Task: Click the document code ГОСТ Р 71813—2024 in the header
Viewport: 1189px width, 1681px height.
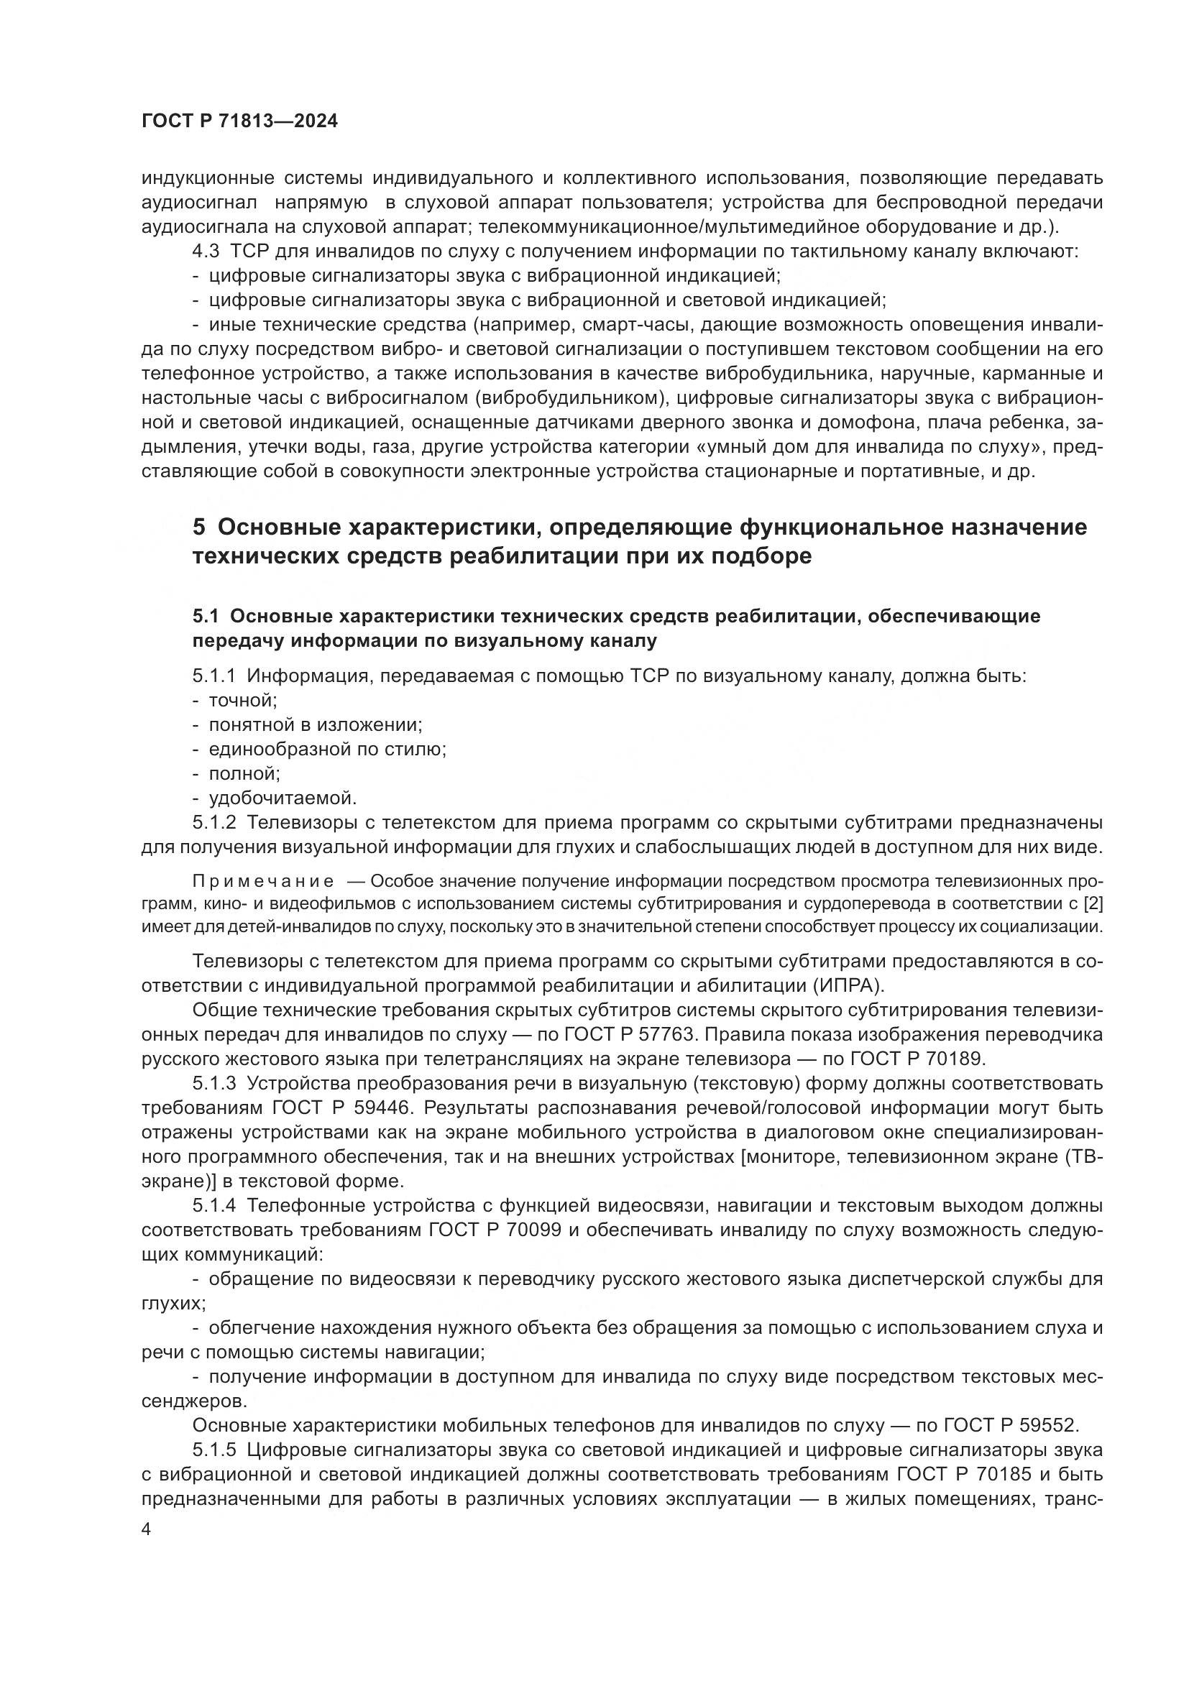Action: click(239, 121)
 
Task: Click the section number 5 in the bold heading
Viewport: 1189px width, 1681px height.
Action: click(198, 527)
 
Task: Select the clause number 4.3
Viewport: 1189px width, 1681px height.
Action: click(206, 251)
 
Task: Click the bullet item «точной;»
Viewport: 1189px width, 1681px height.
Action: click(243, 701)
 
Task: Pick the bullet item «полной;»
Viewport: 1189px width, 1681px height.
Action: click(244, 773)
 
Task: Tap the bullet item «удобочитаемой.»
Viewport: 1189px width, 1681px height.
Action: click(283, 797)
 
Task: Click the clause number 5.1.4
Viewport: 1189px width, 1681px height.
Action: click(214, 1205)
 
